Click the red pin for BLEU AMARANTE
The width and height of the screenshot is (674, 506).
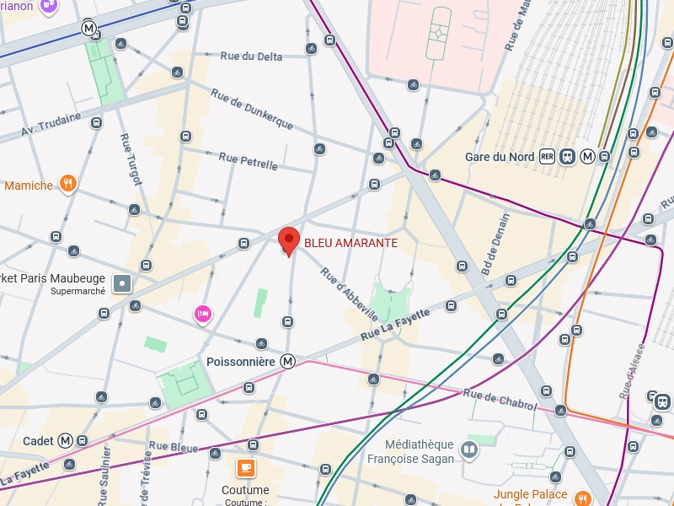[x=289, y=240]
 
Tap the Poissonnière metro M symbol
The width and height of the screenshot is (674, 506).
[x=288, y=362]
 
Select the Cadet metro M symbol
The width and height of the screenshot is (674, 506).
[x=83, y=441]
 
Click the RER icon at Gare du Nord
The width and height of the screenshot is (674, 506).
[x=548, y=157]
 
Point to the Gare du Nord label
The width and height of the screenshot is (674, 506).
[x=499, y=157]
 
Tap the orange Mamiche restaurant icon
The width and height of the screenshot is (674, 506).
[x=68, y=185]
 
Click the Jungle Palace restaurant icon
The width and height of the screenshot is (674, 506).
[x=581, y=497]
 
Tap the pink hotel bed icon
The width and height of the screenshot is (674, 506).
[x=202, y=315]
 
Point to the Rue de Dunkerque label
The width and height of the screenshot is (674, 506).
[x=251, y=110]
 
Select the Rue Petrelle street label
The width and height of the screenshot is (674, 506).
[x=248, y=161]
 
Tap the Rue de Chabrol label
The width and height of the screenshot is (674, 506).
[x=500, y=400]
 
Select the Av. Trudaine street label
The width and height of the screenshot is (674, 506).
[x=51, y=124]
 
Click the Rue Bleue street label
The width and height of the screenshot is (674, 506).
[x=174, y=446]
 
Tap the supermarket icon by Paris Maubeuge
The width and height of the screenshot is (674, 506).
[x=124, y=283]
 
